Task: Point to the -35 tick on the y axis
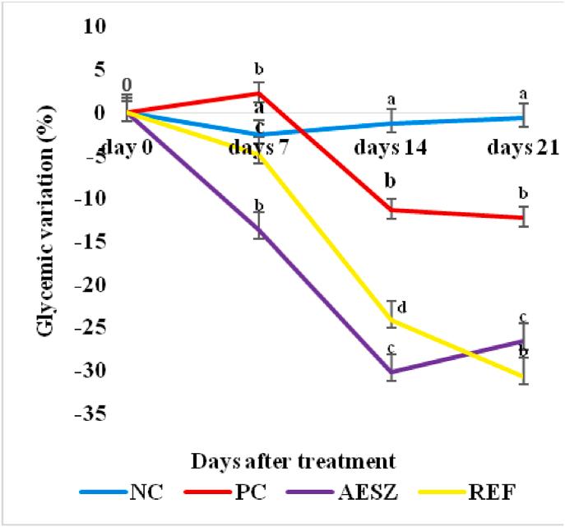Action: tap(93, 414)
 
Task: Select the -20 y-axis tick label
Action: tap(93, 284)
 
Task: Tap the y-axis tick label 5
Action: tap(102, 70)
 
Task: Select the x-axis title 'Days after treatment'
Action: tap(294, 457)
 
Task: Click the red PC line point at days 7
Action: tap(259, 93)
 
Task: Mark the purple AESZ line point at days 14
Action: tap(392, 372)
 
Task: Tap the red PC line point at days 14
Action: tap(392, 210)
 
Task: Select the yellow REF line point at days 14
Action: tap(392, 321)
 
